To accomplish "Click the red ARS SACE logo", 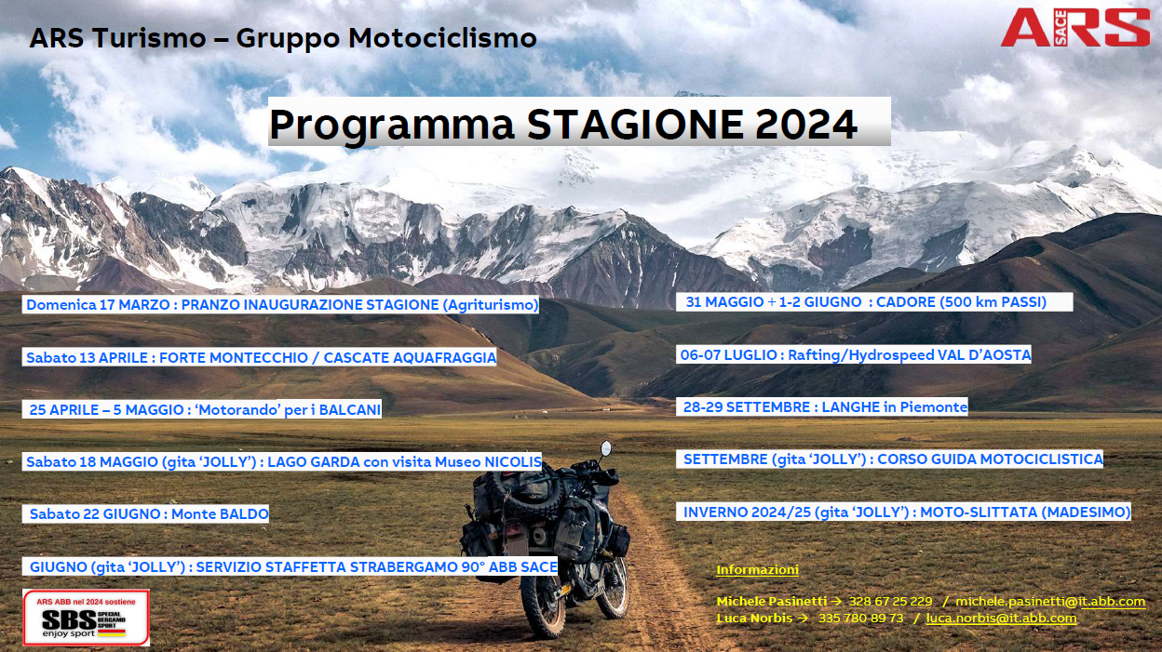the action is tap(1074, 28).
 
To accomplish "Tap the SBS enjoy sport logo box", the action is tap(86, 618).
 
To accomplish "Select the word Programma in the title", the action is tap(392, 126).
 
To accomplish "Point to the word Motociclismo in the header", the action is tap(442, 38).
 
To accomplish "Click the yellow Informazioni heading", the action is tap(757, 569).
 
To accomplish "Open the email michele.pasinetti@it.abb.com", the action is tap(1050, 601).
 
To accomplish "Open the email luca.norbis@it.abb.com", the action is tap(1001, 619).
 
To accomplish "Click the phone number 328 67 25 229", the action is tap(890, 601).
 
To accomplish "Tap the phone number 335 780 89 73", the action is tap(860, 619).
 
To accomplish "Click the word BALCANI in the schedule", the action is tap(350, 410).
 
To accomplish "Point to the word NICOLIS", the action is tap(512, 461).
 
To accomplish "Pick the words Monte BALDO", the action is tap(220, 514).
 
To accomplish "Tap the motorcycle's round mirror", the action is tap(605, 448).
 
